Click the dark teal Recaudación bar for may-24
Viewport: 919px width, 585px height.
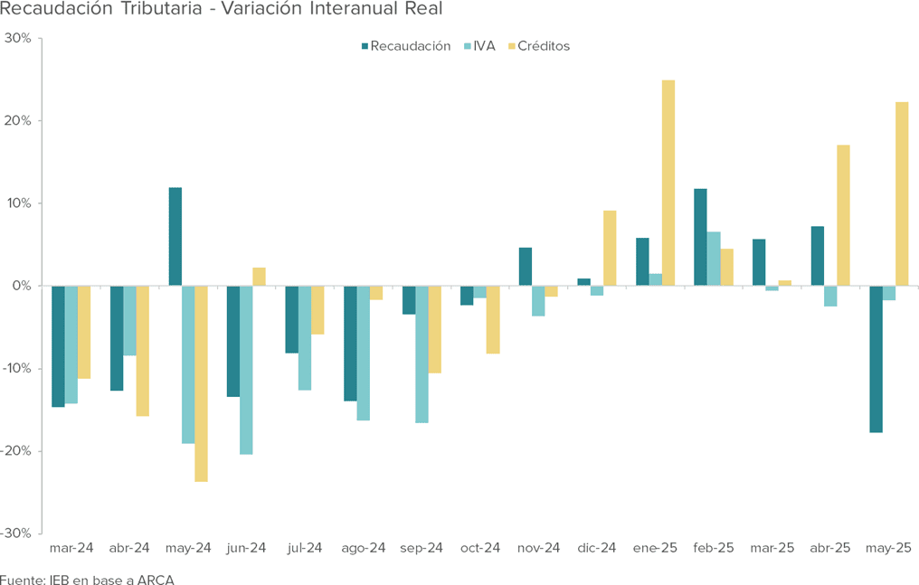coord(175,237)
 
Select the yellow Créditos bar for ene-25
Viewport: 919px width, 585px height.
coord(668,183)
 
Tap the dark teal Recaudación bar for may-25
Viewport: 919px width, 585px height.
coord(876,359)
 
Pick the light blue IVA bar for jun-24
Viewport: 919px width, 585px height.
coord(246,370)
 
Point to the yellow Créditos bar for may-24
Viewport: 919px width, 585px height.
coord(201,383)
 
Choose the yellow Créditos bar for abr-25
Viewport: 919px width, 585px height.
coord(843,215)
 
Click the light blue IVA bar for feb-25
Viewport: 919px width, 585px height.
coord(714,259)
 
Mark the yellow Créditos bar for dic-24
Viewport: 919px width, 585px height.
coord(610,249)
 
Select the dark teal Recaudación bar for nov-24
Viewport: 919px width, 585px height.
coord(526,267)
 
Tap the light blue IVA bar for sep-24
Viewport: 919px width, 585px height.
coord(422,354)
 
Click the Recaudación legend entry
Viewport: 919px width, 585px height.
coord(410,46)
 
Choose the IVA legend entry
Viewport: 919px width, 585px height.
coord(484,46)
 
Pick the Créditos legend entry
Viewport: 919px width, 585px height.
coord(545,46)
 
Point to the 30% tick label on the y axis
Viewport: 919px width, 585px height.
coord(18,39)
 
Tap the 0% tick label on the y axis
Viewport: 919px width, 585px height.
coord(22,286)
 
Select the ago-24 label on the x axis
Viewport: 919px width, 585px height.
coord(364,548)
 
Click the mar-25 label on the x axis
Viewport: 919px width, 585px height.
coord(772,548)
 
